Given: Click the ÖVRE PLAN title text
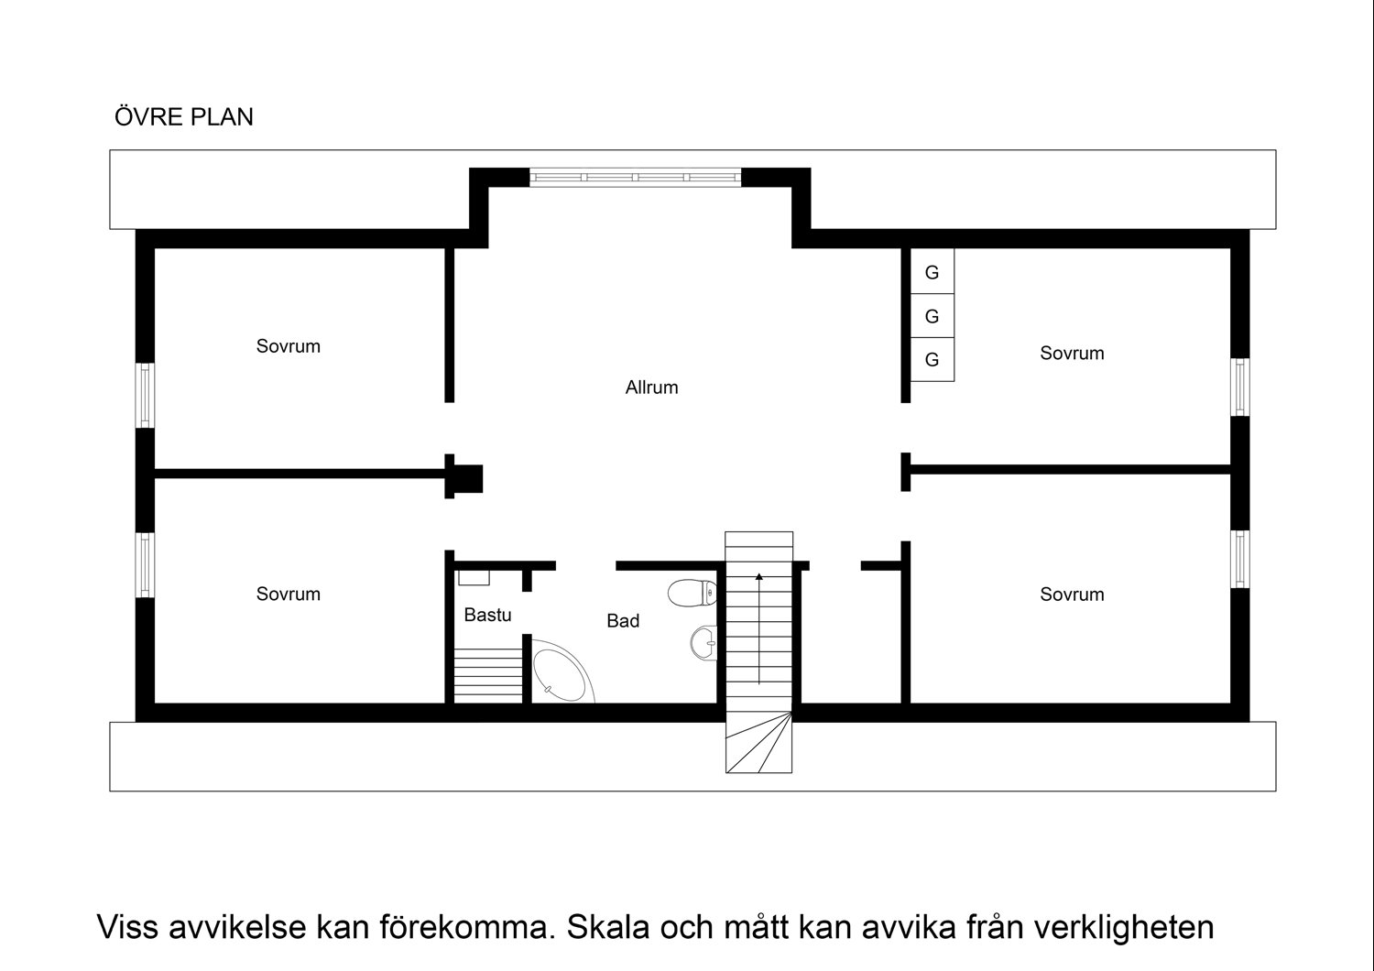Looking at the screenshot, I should tap(183, 117).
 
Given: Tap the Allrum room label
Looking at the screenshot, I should tap(651, 387).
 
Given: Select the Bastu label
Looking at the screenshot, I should tap(487, 615).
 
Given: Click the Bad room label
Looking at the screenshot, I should tap(623, 621).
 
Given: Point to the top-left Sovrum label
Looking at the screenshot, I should tap(288, 346).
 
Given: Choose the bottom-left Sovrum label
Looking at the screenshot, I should tap(288, 594).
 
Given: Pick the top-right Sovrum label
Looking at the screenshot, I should tap(1072, 353).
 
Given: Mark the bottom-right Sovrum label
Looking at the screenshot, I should tap(1072, 595).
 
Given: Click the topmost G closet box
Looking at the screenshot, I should tap(932, 272).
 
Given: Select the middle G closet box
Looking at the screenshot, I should tap(932, 316).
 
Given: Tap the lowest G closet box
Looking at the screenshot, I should tap(932, 359).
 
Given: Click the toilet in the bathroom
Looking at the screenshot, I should tap(692, 594).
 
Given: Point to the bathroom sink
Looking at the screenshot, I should tap(703, 642).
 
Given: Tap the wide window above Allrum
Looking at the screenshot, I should tap(635, 177).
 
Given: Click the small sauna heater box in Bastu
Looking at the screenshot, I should tap(474, 577).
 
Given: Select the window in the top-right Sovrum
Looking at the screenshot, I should tap(1240, 387).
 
